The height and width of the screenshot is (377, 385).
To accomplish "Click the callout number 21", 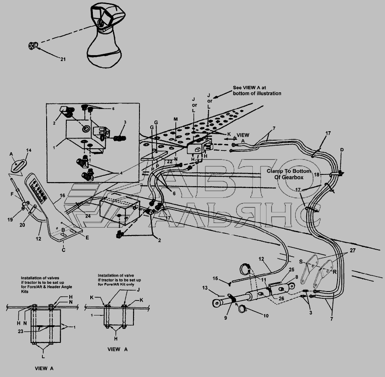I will (63, 59).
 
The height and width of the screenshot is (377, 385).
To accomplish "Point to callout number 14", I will (29, 150).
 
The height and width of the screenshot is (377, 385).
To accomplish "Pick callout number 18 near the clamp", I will (317, 175).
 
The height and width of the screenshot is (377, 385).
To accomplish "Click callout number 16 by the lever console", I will (62, 195).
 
